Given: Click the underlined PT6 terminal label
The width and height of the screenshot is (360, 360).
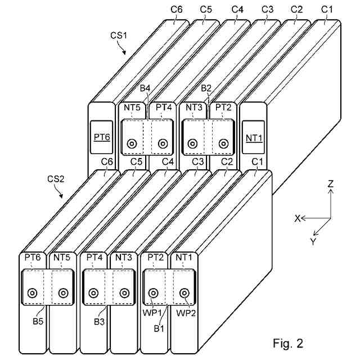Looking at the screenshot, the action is pyautogui.click(x=102, y=137).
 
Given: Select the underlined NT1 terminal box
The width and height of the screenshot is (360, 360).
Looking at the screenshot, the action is pyautogui.click(x=254, y=137).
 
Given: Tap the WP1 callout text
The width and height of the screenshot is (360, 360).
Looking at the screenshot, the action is pyautogui.click(x=152, y=313).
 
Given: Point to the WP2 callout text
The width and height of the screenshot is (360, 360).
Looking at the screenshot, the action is pyautogui.click(x=186, y=313).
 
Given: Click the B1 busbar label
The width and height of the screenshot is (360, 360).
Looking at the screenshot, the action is pyautogui.click(x=159, y=328).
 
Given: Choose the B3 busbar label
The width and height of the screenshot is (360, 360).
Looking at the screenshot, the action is pyautogui.click(x=99, y=322).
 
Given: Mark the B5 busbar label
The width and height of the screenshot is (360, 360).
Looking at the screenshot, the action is pyautogui.click(x=38, y=321).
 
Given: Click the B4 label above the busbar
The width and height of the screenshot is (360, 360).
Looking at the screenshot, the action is pyautogui.click(x=145, y=88).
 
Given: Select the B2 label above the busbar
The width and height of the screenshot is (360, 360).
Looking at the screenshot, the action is pyautogui.click(x=206, y=88).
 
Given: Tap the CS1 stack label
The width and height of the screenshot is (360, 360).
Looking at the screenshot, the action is pyautogui.click(x=119, y=35).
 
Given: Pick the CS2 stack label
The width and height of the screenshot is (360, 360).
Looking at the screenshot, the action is pyautogui.click(x=56, y=179).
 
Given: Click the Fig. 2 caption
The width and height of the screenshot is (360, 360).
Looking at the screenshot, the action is pyautogui.click(x=288, y=343).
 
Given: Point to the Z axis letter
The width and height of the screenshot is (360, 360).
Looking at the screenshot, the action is pyautogui.click(x=330, y=184).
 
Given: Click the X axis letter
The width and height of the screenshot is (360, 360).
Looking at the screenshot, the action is pyautogui.click(x=298, y=218).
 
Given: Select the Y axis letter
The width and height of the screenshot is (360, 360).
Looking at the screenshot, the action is pyautogui.click(x=313, y=241).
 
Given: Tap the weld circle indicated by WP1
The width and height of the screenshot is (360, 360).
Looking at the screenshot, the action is pyautogui.click(x=153, y=293).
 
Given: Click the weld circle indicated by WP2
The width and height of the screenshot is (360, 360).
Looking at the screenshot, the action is pyautogui.click(x=184, y=293).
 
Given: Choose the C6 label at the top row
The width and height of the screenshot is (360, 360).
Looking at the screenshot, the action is pyautogui.click(x=176, y=10).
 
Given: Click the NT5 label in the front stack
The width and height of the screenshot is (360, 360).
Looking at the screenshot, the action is pyautogui.click(x=61, y=258).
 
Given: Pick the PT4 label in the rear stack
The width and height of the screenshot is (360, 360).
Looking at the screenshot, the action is pyautogui.click(x=164, y=107).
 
